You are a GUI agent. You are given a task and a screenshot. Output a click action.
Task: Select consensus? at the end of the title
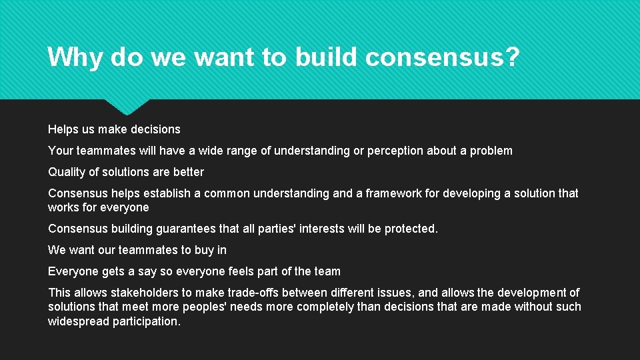point(442,57)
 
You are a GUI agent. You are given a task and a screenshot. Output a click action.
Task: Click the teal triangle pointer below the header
point(127,106)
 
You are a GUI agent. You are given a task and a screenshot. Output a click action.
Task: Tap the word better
point(188,172)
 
